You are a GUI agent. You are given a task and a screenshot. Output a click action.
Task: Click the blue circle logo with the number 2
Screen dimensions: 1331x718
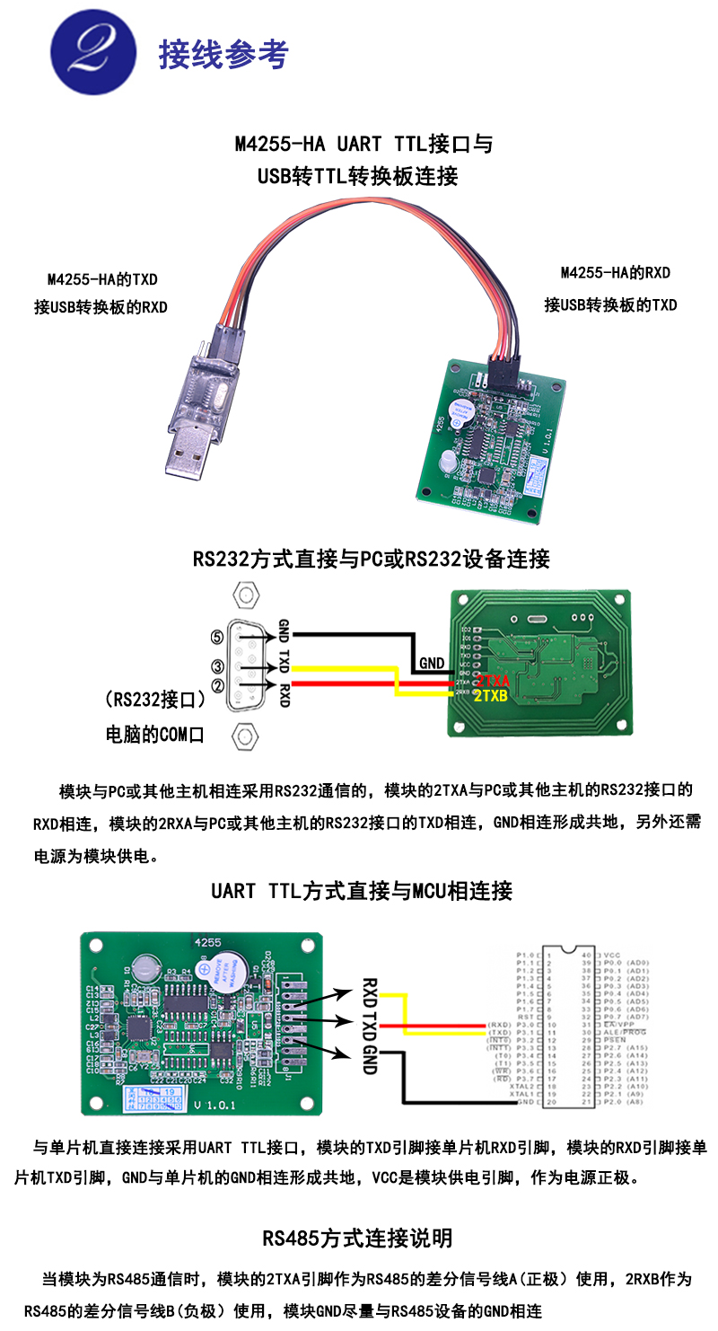[x=93, y=53]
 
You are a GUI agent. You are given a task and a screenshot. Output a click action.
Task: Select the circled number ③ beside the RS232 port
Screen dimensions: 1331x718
[x=216, y=666]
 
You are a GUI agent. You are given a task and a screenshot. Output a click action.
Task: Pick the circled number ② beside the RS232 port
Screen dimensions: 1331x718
[x=216, y=684]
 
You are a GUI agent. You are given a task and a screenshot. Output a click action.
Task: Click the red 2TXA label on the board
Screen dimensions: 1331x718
[x=493, y=682]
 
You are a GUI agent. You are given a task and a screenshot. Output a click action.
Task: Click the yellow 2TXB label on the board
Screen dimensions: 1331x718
[x=492, y=696]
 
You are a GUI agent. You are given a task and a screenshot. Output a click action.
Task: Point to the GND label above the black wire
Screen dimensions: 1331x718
[x=432, y=663]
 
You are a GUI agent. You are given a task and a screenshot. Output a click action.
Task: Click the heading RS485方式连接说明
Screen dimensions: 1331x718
[x=357, y=1238]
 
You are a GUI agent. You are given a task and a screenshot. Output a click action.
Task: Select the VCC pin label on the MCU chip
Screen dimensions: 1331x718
[x=613, y=954]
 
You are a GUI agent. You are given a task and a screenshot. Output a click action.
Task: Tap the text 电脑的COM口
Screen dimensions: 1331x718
[x=155, y=735]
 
